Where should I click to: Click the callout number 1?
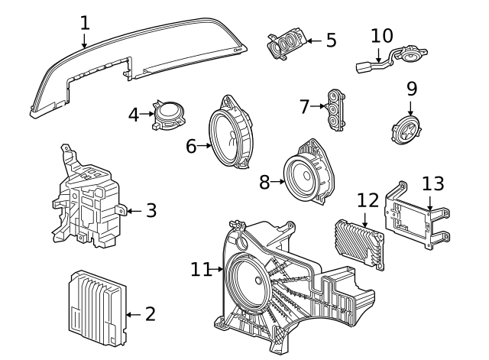coord(85,23)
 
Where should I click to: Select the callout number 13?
coord(433,183)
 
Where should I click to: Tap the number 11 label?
coord(201,269)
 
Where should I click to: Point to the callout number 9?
coord(412,89)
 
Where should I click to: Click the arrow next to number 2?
coord(134,315)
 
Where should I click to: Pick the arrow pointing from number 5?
coord(314,41)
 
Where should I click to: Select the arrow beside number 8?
coord(277,182)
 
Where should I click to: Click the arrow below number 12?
coord(365,220)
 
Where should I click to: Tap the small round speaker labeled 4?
coord(168,115)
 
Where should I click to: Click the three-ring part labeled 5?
coord(285,44)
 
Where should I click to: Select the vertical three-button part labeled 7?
coord(335,110)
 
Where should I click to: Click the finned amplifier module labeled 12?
coord(360,244)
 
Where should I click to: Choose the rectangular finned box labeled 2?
coord(97,309)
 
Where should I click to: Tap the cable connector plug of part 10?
coord(364,67)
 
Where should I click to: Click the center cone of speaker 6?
coord(230,138)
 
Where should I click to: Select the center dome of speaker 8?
coord(306,175)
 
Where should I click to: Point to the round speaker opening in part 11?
coord(250,281)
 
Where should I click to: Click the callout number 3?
coord(151,210)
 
